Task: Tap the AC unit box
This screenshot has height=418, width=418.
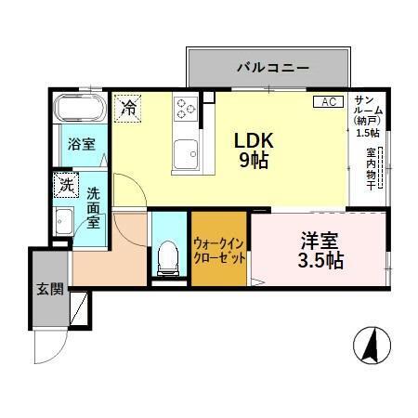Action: [x=329, y=101]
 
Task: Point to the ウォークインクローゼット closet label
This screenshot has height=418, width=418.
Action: [x=219, y=250]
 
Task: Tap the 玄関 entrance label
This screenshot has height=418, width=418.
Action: [x=51, y=289]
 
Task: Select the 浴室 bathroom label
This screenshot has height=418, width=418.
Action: [x=81, y=143]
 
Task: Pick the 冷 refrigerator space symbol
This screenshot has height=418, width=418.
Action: [x=128, y=107]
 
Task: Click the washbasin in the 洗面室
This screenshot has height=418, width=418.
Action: [x=64, y=222]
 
